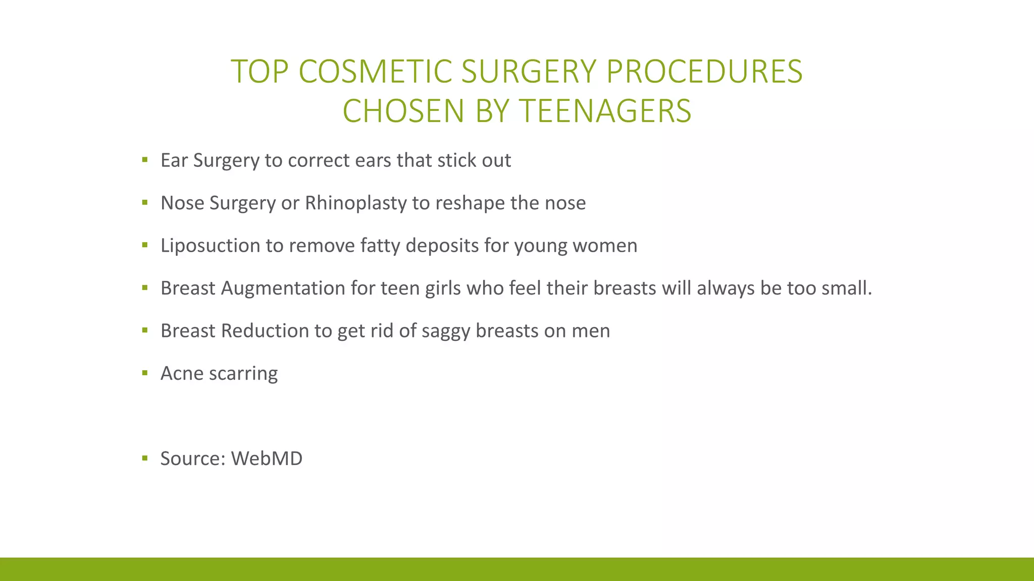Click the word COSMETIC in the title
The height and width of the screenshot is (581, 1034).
click(x=375, y=71)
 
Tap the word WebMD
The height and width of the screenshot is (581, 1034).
click(x=267, y=458)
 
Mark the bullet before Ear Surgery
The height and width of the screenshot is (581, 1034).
click(x=145, y=160)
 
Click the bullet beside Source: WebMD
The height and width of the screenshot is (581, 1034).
click(x=145, y=458)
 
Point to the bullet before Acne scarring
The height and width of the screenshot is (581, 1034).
click(x=145, y=373)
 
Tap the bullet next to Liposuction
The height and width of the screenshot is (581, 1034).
click(x=145, y=246)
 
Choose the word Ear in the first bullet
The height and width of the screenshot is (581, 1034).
click(x=174, y=160)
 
